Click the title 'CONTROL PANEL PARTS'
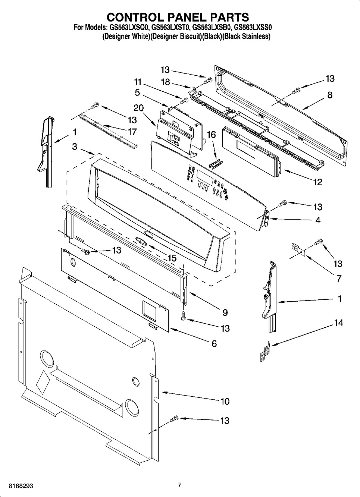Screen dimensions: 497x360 point(178,17)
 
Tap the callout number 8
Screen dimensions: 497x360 point(329,95)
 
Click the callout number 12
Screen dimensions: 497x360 point(317,182)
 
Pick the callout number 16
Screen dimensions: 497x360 point(211,135)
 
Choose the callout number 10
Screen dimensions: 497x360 point(225,402)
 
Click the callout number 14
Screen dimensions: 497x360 point(338,323)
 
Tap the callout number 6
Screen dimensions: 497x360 point(214,344)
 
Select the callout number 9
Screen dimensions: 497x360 point(225,312)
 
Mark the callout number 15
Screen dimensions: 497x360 point(172,258)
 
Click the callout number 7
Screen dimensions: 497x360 point(339,278)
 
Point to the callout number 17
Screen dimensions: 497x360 point(132,132)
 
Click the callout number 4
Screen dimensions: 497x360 point(317,220)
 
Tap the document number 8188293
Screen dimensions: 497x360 point(17,486)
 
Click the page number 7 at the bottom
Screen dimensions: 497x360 point(179,485)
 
